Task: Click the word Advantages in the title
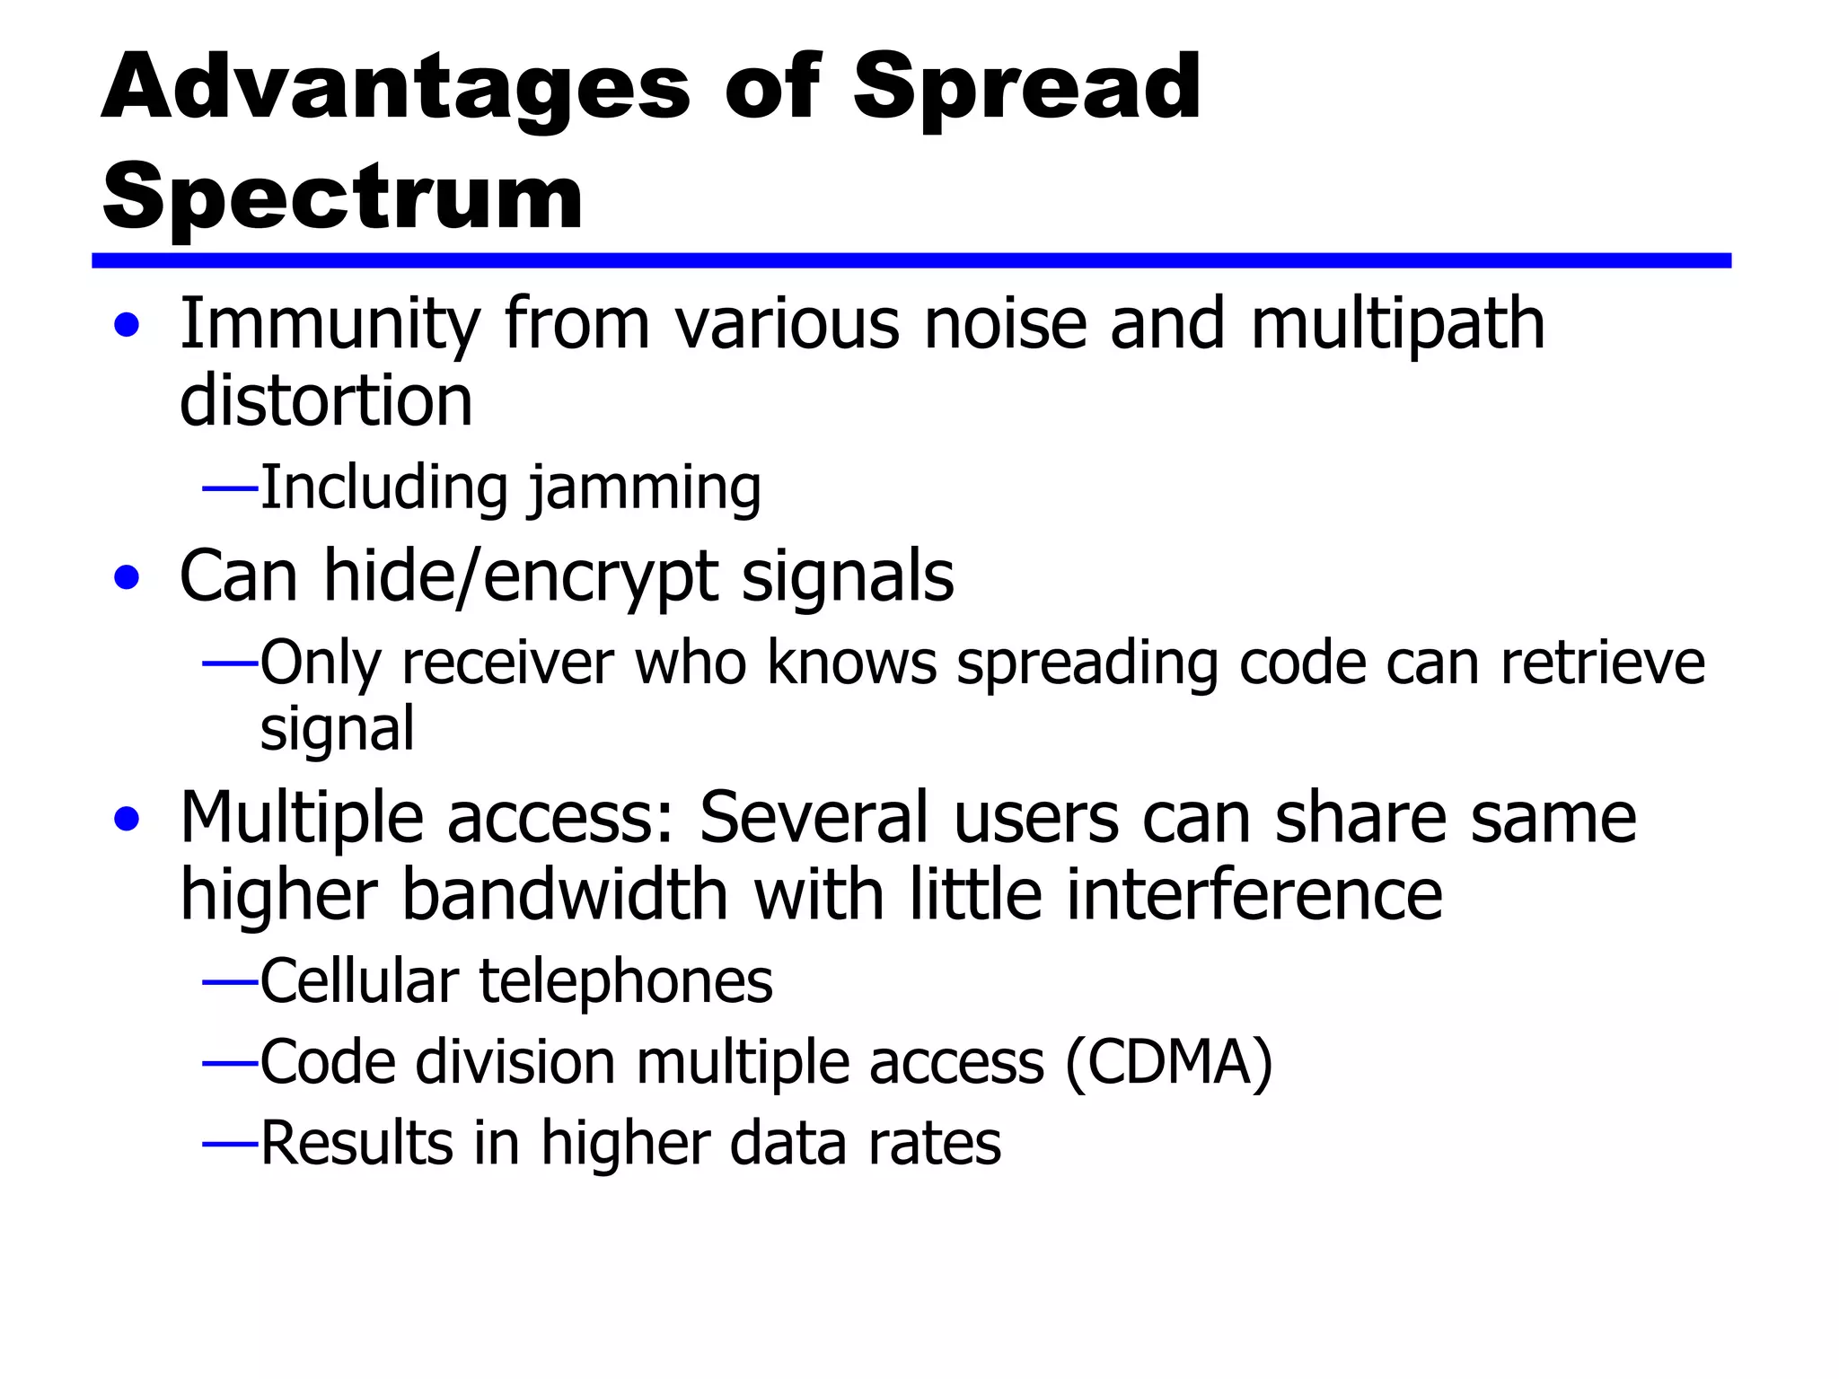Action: coord(396,88)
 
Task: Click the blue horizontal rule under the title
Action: coord(911,260)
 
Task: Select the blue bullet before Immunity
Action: coord(128,325)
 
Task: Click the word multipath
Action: coord(1397,325)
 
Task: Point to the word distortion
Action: coord(326,401)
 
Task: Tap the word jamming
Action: coord(644,489)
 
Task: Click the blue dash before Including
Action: coord(230,489)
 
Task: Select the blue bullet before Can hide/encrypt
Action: coord(128,577)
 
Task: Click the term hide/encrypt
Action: coord(522,577)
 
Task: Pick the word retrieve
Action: coord(1602,663)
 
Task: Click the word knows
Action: coord(851,663)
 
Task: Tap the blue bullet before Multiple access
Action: coord(128,819)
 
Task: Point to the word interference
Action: coord(1254,895)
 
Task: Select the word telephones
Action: coord(626,981)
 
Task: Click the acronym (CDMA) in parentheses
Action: coord(1168,1063)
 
